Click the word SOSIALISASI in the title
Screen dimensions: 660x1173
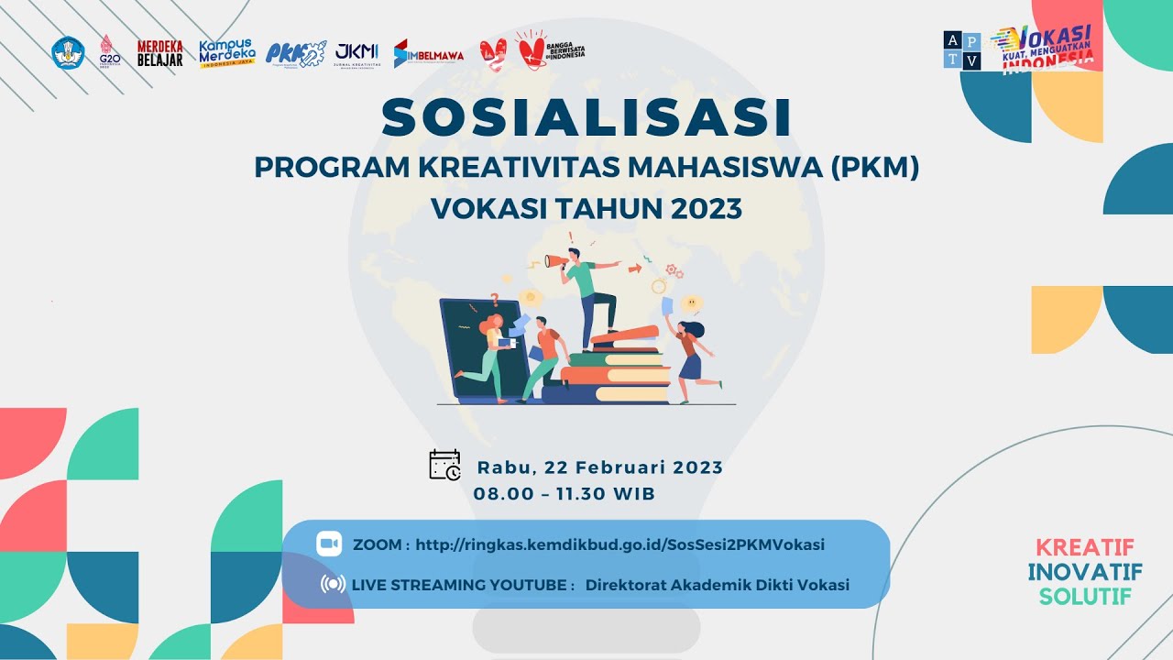[586, 118]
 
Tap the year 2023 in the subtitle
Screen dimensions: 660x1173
[706, 209]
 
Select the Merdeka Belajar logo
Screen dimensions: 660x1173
[159, 53]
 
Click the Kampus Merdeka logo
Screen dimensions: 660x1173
[226, 53]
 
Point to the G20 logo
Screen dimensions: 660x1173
[109, 53]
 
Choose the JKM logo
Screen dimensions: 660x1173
[356, 53]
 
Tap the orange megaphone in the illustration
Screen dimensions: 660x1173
[555, 261]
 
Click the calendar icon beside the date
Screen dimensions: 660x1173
[445, 465]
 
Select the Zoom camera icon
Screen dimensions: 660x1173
[329, 544]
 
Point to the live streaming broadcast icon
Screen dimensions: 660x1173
[333, 584]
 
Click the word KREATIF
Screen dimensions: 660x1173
[1085, 547]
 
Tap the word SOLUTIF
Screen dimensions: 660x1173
[1085, 597]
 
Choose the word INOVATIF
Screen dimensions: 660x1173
[1085, 572]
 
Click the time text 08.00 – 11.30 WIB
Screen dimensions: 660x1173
[565, 494]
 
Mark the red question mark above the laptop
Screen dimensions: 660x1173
[495, 299]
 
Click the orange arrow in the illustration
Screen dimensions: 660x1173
[634, 269]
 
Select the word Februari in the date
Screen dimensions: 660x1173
[623, 467]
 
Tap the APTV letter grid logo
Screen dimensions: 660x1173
[962, 50]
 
